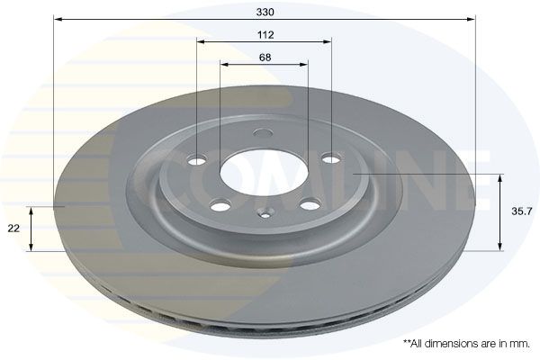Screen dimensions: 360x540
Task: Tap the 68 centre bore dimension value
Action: pos(265,57)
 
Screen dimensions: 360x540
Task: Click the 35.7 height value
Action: pos(517,211)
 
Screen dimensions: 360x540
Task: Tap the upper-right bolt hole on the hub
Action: pos(331,159)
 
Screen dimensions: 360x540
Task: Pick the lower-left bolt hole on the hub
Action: pos(219,204)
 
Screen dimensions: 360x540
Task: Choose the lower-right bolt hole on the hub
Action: pos(311,203)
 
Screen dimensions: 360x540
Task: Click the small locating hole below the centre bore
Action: pos(265,214)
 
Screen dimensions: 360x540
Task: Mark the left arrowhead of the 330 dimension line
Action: pos(57,18)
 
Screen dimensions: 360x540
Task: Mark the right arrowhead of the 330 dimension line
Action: pos(472,18)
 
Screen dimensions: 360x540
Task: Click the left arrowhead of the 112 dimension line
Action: pos(202,41)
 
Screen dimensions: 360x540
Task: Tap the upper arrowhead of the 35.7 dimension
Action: pos(500,178)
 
